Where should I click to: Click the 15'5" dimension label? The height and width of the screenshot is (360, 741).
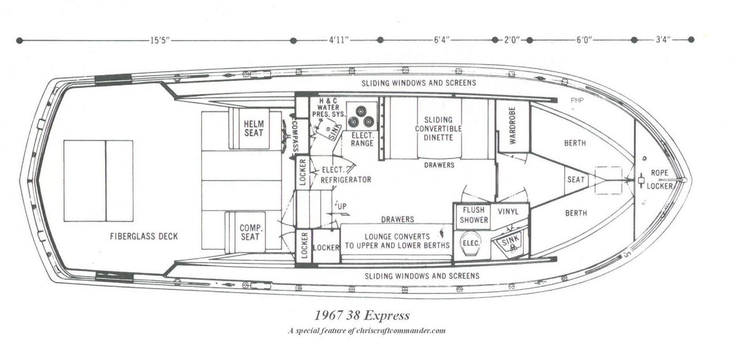pyautogui.click(x=160, y=41)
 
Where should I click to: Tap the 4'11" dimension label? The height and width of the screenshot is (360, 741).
pyautogui.click(x=339, y=40)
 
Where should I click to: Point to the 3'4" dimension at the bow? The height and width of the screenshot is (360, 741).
pyautogui.click(x=663, y=40)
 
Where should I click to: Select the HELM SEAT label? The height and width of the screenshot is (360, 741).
pyautogui.click(x=254, y=128)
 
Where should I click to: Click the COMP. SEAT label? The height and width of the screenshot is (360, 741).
pyautogui.click(x=250, y=232)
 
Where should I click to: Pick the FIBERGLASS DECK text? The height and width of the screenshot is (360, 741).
pyautogui.click(x=144, y=236)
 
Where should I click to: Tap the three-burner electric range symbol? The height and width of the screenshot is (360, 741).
pyautogui.click(x=362, y=116)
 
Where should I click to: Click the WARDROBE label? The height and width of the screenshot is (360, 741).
pyautogui.click(x=512, y=126)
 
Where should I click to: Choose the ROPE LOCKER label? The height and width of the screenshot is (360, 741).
pyautogui.click(x=660, y=179)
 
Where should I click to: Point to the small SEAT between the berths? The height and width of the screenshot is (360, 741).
pyautogui.click(x=576, y=179)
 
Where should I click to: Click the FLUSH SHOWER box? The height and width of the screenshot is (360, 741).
pyautogui.click(x=474, y=215)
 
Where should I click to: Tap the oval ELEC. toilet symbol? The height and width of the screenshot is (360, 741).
pyautogui.click(x=471, y=243)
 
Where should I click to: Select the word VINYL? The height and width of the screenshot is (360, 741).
pyautogui.click(x=508, y=211)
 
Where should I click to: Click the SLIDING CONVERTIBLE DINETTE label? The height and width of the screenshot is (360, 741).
pyautogui.click(x=438, y=128)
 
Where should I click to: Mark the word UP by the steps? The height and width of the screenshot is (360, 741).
pyautogui.click(x=342, y=207)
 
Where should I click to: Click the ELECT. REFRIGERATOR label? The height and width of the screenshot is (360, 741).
pyautogui.click(x=346, y=175)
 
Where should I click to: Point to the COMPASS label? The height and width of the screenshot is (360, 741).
pyautogui.click(x=295, y=136)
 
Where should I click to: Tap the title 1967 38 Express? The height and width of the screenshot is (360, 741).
pyautogui.click(x=362, y=315)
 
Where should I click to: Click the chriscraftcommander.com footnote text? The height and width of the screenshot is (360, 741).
pyautogui.click(x=366, y=330)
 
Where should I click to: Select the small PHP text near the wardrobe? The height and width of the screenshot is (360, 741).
pyautogui.click(x=577, y=100)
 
